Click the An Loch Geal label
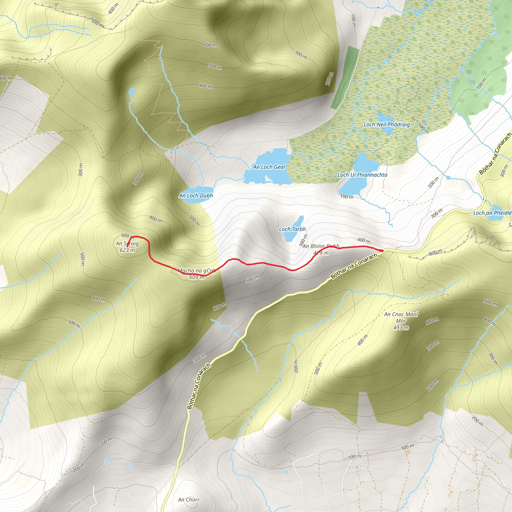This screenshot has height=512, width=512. (269, 167)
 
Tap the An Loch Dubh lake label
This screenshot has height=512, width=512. (196, 195)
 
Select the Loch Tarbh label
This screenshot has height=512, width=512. (292, 229)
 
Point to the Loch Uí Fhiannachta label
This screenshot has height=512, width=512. (362, 175)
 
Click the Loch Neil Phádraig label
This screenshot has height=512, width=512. (387, 124)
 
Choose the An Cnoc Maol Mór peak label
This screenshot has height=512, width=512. (401, 317)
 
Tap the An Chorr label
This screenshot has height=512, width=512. (189, 500)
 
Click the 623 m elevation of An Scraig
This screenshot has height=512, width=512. (127, 250)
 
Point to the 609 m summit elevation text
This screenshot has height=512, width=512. (197, 277)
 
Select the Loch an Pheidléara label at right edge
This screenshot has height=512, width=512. (492, 213)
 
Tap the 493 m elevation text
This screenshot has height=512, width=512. (401, 328)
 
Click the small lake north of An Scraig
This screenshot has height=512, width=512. (132, 92)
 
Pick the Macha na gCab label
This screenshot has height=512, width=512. (197, 270)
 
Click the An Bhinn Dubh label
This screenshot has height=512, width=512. (321, 246)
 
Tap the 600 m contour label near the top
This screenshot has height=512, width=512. (210, 45)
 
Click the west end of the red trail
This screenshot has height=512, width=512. (127, 246)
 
